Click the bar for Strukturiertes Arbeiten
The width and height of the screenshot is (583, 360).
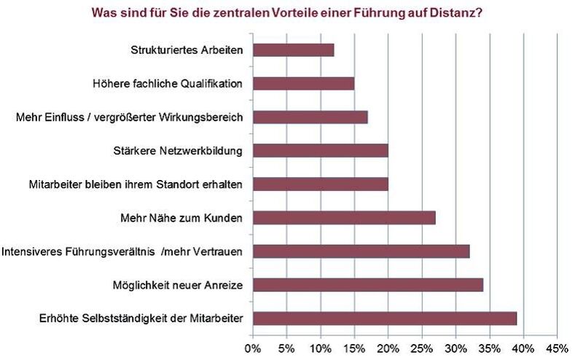coord(293,50)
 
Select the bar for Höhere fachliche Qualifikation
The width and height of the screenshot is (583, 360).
coord(303,84)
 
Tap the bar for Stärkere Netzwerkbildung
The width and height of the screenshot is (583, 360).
coord(320,151)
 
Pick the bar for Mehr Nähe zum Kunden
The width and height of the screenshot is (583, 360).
coord(344,218)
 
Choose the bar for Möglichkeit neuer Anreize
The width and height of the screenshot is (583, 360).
coord(368,285)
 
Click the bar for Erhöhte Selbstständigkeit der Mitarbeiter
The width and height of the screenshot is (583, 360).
coord(385,318)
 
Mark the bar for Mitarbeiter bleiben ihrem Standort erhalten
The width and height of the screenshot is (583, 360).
coord(320,184)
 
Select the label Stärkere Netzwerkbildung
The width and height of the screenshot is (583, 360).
coord(187,151)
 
